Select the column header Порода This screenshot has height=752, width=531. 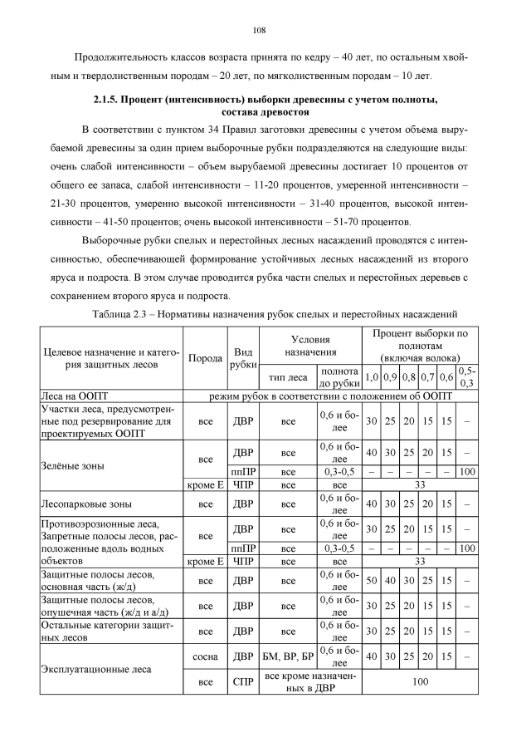(205, 358)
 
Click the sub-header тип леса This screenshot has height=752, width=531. (288, 375)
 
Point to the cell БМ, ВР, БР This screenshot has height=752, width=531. (288, 654)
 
